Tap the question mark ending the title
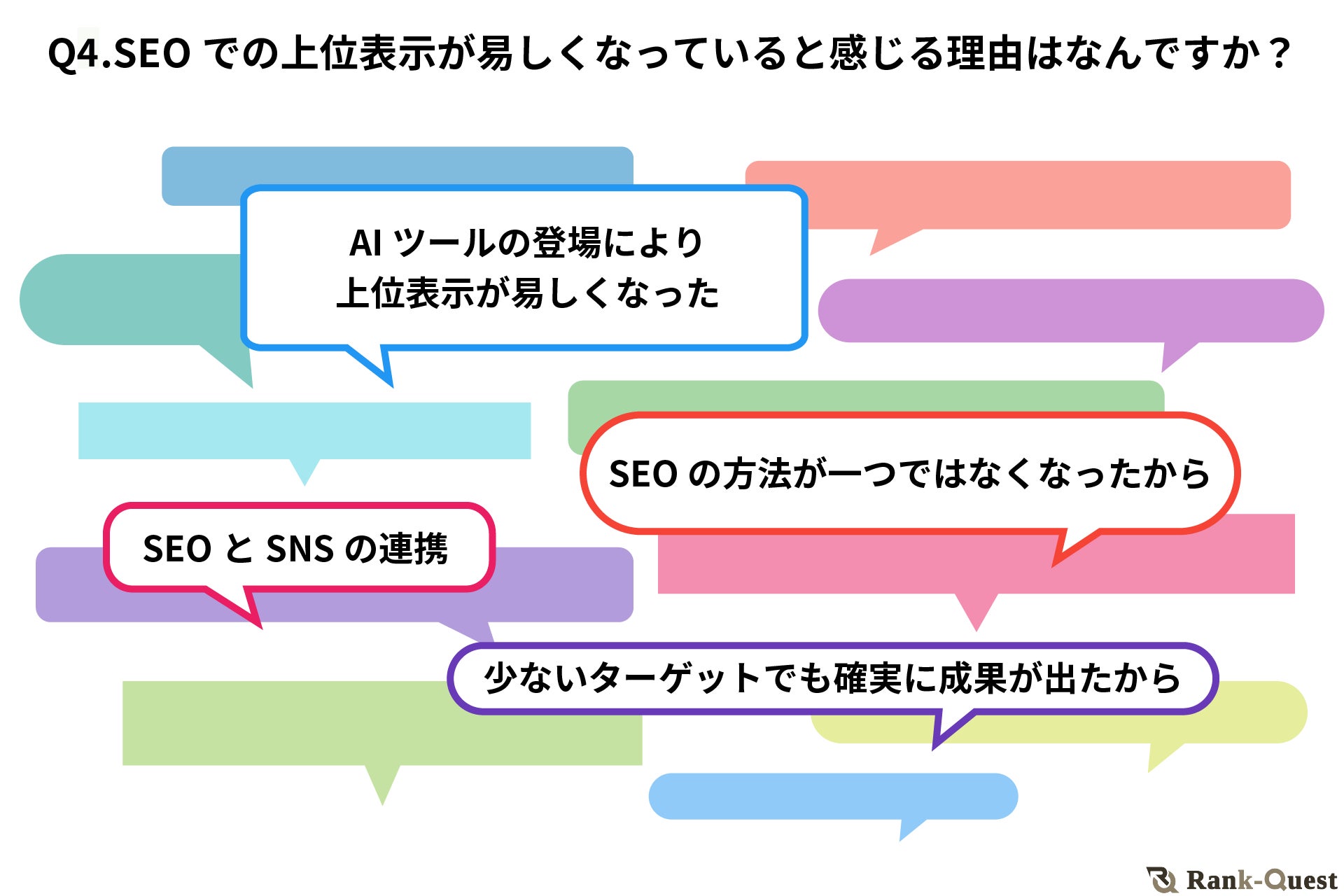click(1279, 52)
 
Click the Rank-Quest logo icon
click(1163, 879)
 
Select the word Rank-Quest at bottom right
click(1261, 880)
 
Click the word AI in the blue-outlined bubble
click(366, 244)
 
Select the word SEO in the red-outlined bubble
click(643, 474)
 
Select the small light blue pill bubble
click(833, 796)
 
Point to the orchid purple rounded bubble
click(1071, 310)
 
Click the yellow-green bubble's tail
click(1162, 756)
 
